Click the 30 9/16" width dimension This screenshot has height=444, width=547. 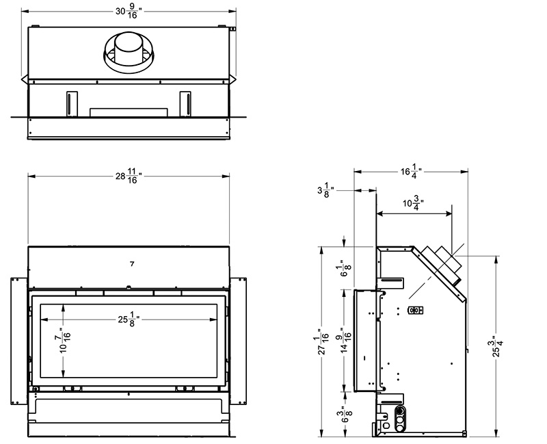(127, 12)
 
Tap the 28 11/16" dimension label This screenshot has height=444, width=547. (128, 177)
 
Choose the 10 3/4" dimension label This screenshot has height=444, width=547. (414, 203)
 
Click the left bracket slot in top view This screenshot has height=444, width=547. (69, 103)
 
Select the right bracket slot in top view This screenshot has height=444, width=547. (185, 103)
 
